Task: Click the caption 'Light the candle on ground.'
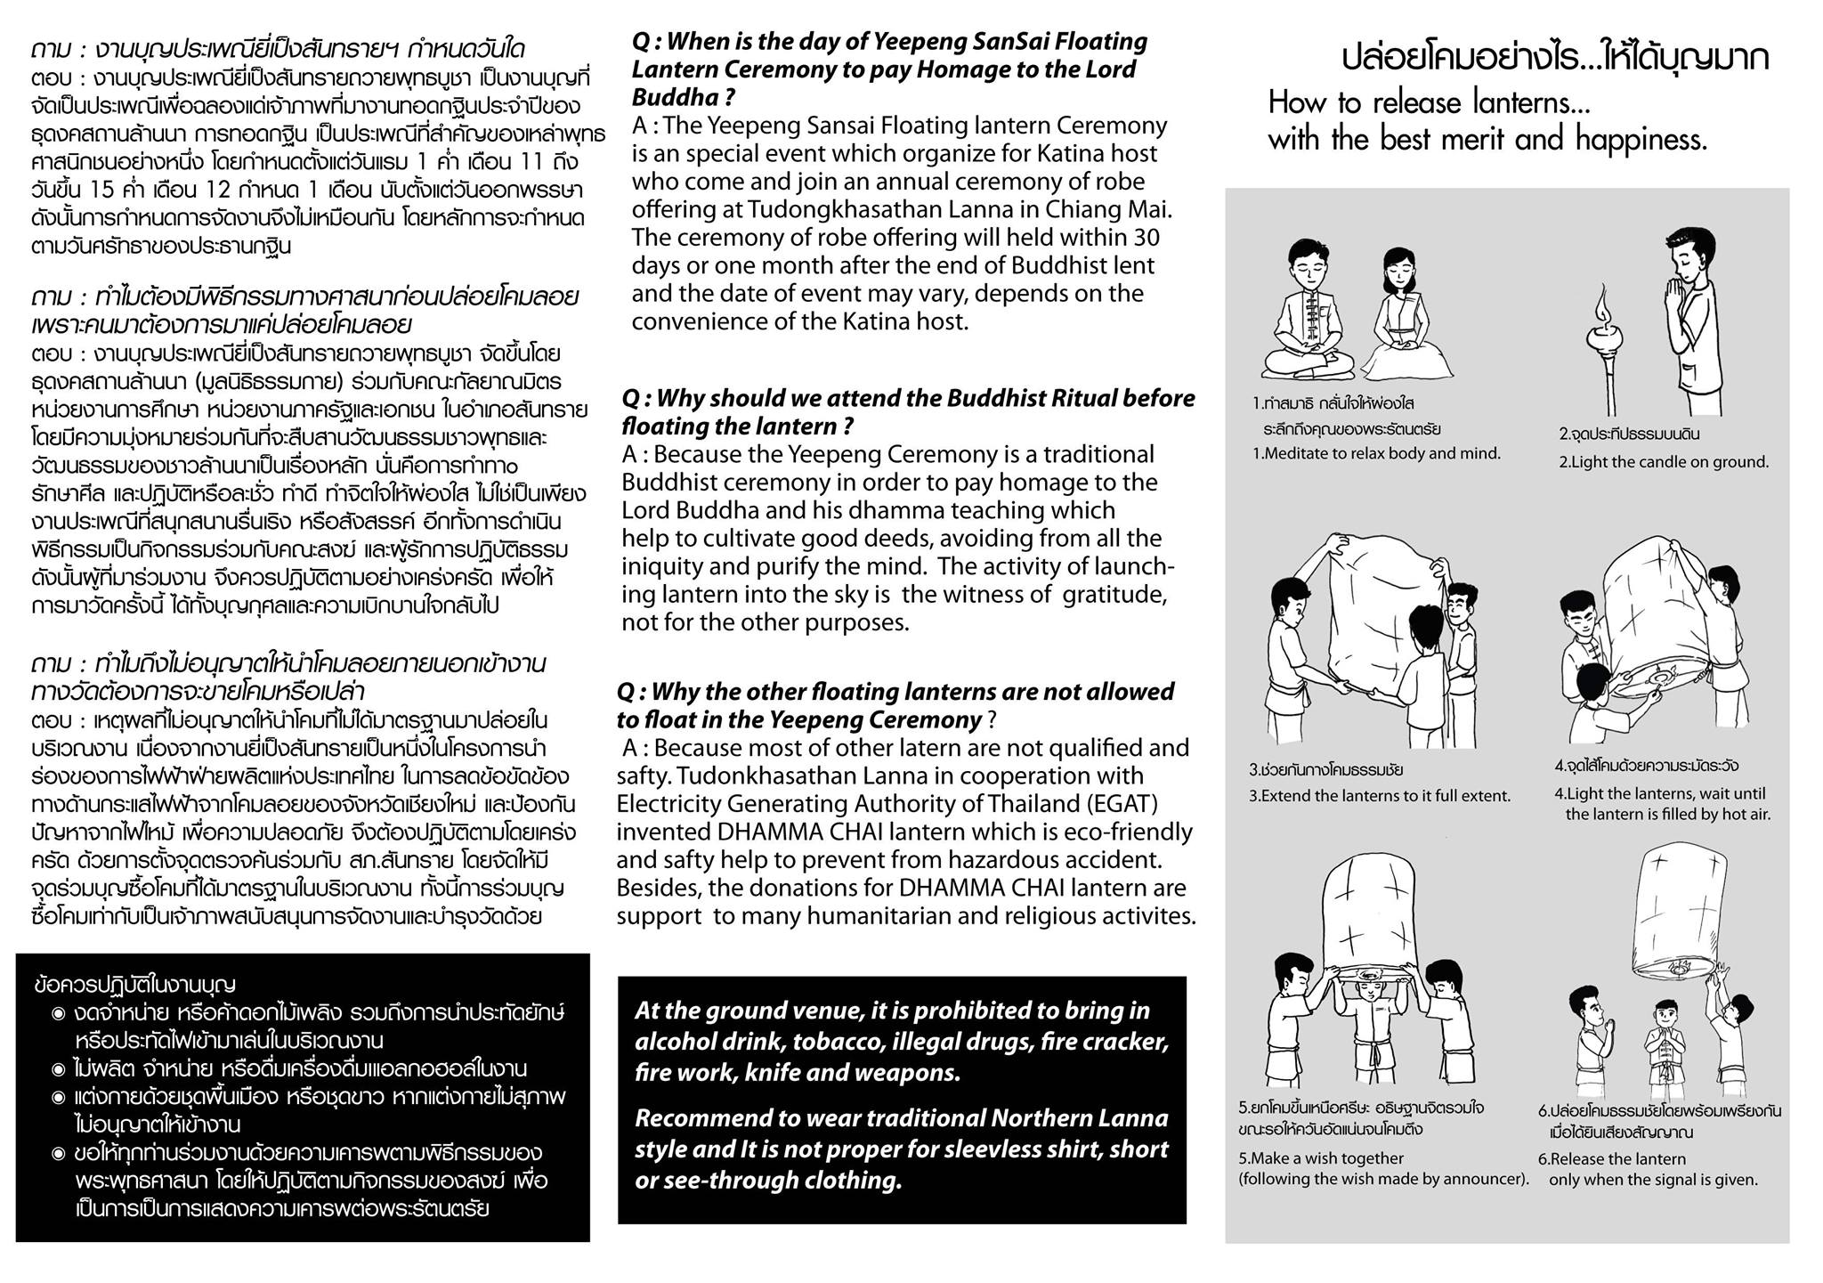[x=1664, y=462]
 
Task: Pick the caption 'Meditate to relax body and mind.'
[x=1376, y=453]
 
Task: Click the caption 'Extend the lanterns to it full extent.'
[x=1380, y=796]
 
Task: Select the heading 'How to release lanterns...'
[x=1429, y=103]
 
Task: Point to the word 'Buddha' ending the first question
[x=669, y=97]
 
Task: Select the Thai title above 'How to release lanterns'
[x=1555, y=59]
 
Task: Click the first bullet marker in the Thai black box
[x=59, y=1013]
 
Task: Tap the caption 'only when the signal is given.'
[x=1653, y=1180]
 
